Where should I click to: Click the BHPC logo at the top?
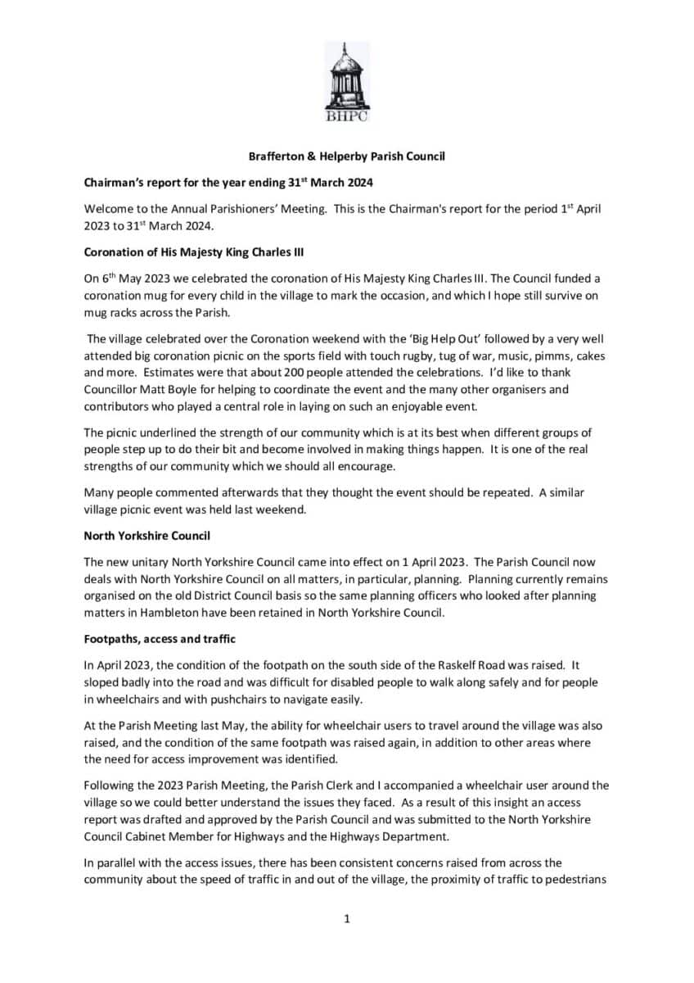click(346, 84)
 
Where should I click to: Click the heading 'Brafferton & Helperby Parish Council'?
click(346, 156)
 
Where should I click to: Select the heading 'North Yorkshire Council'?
click(146, 536)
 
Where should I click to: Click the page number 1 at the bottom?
click(347, 919)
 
